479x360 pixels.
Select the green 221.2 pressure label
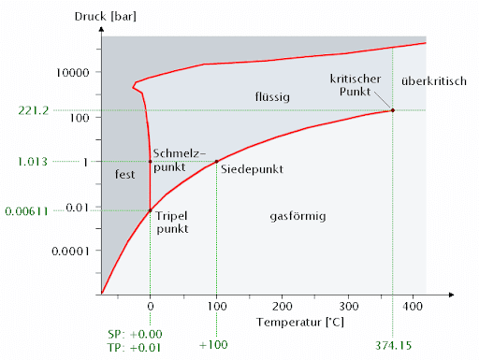(33, 110)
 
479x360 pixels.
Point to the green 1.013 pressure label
(33, 162)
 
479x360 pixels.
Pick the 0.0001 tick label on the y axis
(71, 252)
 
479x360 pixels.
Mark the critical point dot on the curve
(392, 110)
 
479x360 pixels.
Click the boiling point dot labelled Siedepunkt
(216, 162)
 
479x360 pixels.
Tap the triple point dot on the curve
(151, 210)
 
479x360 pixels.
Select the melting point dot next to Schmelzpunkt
(151, 162)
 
